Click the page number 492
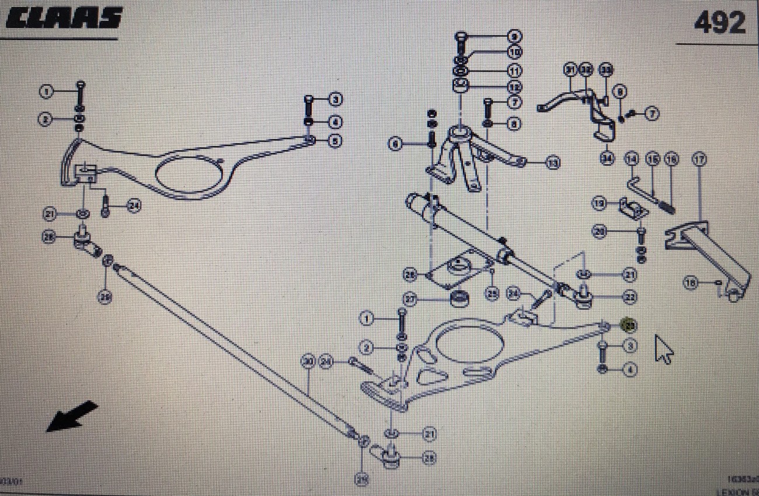[x=719, y=23]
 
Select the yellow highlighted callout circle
[x=629, y=324]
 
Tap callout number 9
[x=514, y=36]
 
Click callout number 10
[x=514, y=53]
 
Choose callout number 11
[x=514, y=71]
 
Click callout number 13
[x=552, y=163]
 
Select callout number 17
[x=698, y=158]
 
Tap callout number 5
[x=335, y=141]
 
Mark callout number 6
[x=395, y=143]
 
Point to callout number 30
[x=308, y=362]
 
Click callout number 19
[x=598, y=204]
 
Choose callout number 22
[x=629, y=297]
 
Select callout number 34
[x=608, y=158]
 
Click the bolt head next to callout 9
[x=461, y=36]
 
